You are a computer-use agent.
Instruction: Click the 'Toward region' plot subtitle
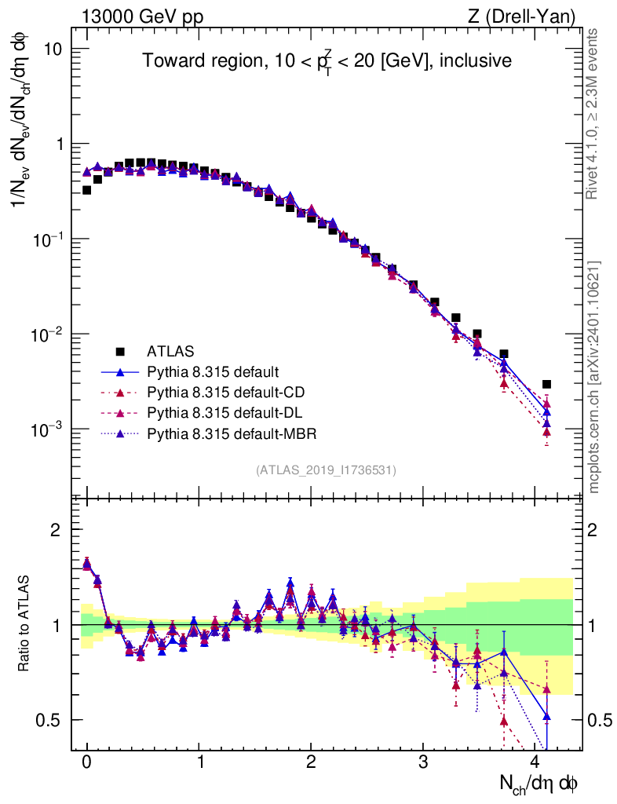327,61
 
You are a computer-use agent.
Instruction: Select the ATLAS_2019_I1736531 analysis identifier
326,470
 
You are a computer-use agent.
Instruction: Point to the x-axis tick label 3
423,762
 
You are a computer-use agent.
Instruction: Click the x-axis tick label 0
86,762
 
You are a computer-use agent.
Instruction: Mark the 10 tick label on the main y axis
52,49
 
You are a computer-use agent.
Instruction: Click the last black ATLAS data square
546,384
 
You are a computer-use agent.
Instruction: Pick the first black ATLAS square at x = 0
86,190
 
